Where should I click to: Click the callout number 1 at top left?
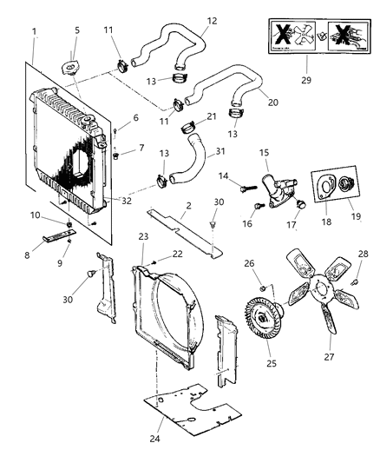pyautogui.click(x=34, y=32)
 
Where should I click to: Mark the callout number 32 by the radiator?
pyautogui.click(x=127, y=200)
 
